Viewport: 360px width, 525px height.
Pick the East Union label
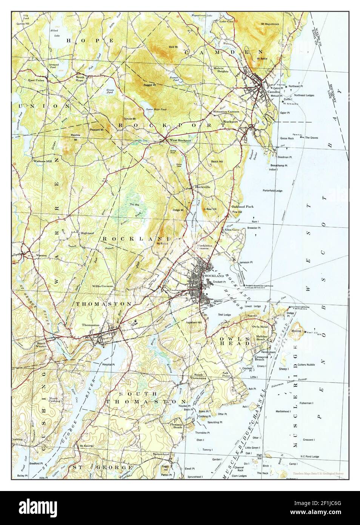(x=36, y=80)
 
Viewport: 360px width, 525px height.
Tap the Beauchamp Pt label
(x=279, y=165)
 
